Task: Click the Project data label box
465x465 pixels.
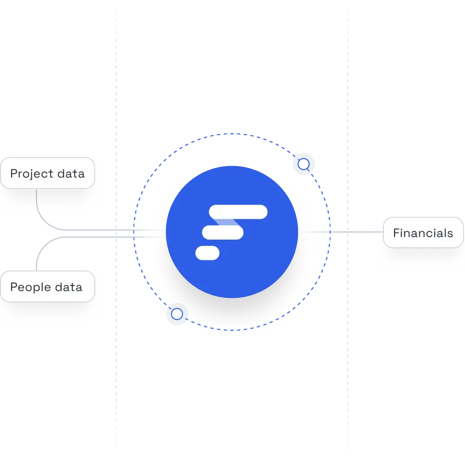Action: (x=47, y=174)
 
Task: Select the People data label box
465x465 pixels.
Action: (x=47, y=287)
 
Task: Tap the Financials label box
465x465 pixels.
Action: (x=423, y=233)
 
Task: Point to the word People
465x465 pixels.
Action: (x=29, y=287)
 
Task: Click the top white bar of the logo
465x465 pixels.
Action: (x=238, y=211)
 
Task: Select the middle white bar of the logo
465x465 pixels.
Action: (x=223, y=232)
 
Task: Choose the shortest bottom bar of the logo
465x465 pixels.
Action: (x=208, y=253)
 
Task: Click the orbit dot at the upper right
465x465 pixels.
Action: (x=303, y=164)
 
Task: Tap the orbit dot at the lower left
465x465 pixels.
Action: (x=177, y=315)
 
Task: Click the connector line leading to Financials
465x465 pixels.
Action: (x=360, y=234)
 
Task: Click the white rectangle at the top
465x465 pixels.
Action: (x=232, y=35)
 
